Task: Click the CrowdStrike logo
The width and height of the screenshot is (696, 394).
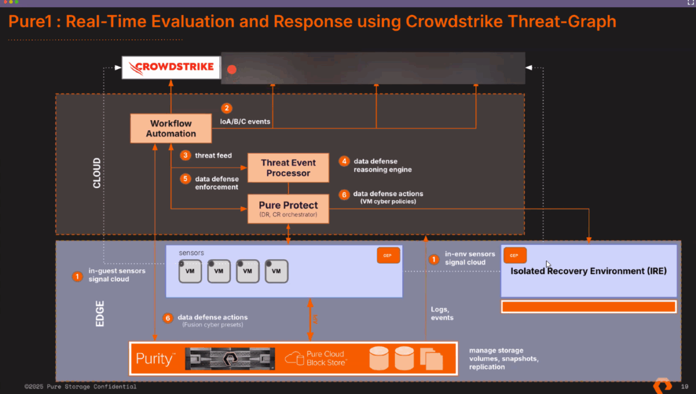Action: [x=171, y=67]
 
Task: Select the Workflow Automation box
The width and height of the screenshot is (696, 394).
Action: [x=171, y=128]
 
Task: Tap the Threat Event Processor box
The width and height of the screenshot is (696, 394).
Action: [x=288, y=168]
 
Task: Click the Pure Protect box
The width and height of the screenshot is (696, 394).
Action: [x=288, y=209]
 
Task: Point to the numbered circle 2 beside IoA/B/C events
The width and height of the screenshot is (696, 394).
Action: [x=226, y=108]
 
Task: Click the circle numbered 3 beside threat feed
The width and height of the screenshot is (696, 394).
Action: [x=186, y=155]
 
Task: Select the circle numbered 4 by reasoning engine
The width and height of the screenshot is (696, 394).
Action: [x=344, y=161]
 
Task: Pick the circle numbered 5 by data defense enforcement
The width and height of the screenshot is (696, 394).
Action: [x=186, y=178]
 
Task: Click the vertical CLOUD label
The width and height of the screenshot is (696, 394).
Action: [x=97, y=173]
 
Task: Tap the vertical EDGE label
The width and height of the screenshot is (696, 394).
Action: [x=99, y=313]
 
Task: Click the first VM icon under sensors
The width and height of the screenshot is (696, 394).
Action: [x=190, y=271]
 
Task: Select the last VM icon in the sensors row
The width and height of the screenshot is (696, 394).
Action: [x=276, y=271]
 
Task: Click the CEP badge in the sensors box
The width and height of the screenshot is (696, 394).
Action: [x=388, y=256]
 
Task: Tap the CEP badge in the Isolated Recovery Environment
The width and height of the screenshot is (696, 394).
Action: [x=515, y=256]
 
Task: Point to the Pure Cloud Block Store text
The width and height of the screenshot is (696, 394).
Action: [x=326, y=358]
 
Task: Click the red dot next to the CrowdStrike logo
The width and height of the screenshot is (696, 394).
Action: [x=232, y=70]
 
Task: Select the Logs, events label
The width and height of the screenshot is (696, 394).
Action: [x=442, y=313]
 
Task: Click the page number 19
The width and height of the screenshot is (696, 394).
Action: [x=684, y=387]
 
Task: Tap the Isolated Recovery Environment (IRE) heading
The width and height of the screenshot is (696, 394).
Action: [x=588, y=271]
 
